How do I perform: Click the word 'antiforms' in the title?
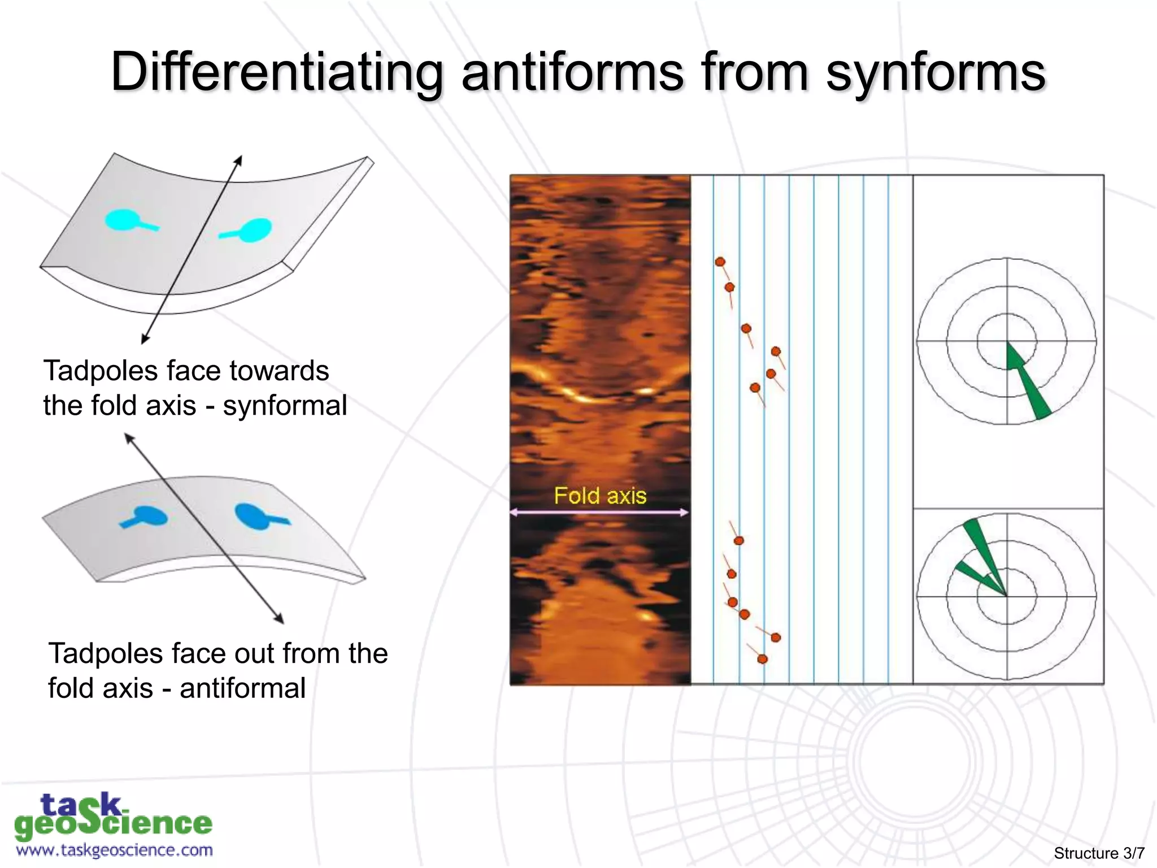coord(572,72)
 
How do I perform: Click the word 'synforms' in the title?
coord(936,72)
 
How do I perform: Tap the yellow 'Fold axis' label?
coord(600,496)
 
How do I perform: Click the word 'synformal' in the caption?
coord(285,406)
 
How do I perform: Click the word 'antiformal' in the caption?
coord(242,688)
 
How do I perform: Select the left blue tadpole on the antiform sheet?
coord(148,515)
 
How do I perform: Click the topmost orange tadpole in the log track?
coord(720,262)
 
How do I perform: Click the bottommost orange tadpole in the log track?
coord(762,659)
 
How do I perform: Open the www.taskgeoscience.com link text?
coord(114,850)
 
